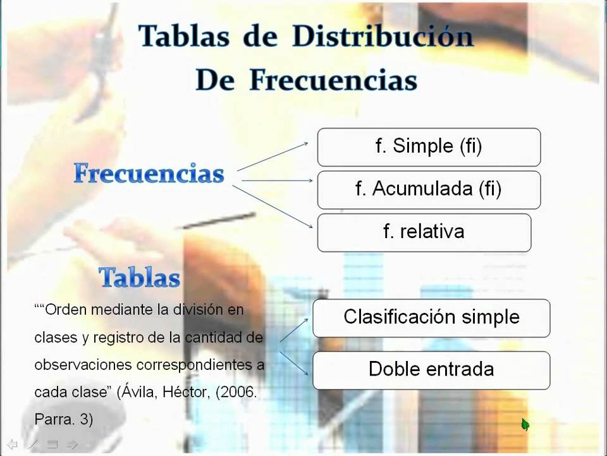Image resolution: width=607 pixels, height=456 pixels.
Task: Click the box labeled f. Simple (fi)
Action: coord(429,147)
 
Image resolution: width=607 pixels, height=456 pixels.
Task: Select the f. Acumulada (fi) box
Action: coord(429,189)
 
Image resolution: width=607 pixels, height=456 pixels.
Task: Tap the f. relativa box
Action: coord(424,232)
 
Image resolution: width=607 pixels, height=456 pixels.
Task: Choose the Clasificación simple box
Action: coord(431,317)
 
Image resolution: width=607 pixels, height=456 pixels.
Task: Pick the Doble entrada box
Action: coord(431,370)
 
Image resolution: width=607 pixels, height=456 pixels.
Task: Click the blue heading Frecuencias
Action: coord(149,174)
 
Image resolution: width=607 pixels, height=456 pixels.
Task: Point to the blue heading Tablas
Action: coord(140,278)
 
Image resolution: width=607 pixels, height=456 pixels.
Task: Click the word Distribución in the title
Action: coord(383,37)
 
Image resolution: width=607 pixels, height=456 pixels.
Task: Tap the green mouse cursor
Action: coord(525,424)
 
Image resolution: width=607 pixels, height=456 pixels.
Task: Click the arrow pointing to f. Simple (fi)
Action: coord(273,156)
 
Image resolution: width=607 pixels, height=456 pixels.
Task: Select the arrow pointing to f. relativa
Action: coord(273,205)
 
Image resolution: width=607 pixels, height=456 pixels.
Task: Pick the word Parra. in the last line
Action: coord(53,419)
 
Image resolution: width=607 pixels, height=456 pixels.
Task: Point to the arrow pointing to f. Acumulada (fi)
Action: coord(277,180)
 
